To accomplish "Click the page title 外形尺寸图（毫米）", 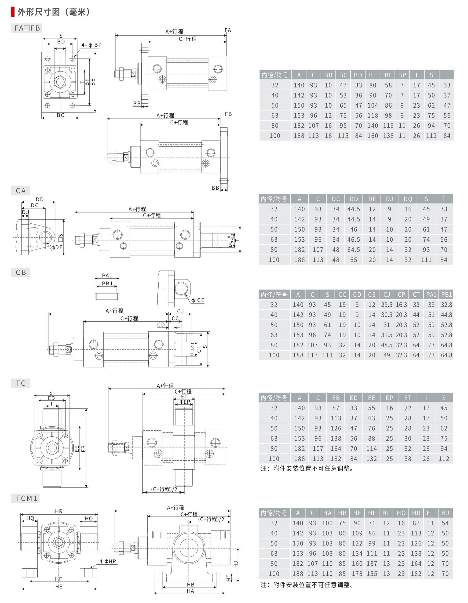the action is (54, 12).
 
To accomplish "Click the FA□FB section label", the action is (27, 28).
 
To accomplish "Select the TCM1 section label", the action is (26, 498).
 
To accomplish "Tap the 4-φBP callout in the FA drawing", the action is (91, 45).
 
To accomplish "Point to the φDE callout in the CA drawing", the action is (57, 247).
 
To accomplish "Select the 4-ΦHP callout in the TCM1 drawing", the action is (108, 561).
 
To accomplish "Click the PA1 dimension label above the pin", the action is (107, 275).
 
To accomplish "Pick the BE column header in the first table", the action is (373, 75).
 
